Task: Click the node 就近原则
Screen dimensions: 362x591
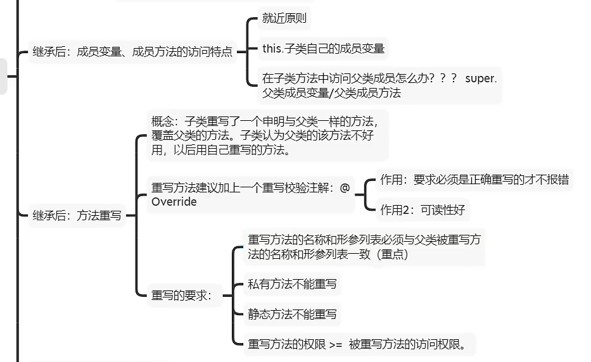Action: click(284, 18)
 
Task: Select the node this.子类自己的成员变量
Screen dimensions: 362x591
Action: click(323, 48)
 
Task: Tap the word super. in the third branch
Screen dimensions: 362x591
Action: click(481, 79)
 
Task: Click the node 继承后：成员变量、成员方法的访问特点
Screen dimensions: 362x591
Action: click(132, 53)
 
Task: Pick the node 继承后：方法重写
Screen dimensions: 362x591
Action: click(77, 215)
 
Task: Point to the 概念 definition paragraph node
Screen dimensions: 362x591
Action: click(266, 136)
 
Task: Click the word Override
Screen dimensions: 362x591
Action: click(174, 202)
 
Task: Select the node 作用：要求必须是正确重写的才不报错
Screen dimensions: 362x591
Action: click(474, 180)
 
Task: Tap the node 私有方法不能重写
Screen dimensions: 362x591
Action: click(292, 284)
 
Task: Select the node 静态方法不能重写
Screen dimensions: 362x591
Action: click(292, 314)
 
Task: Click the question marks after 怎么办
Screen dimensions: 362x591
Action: click(443, 79)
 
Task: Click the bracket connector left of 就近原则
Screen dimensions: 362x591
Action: click(249, 51)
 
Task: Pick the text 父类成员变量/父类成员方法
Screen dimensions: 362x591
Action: click(331, 93)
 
